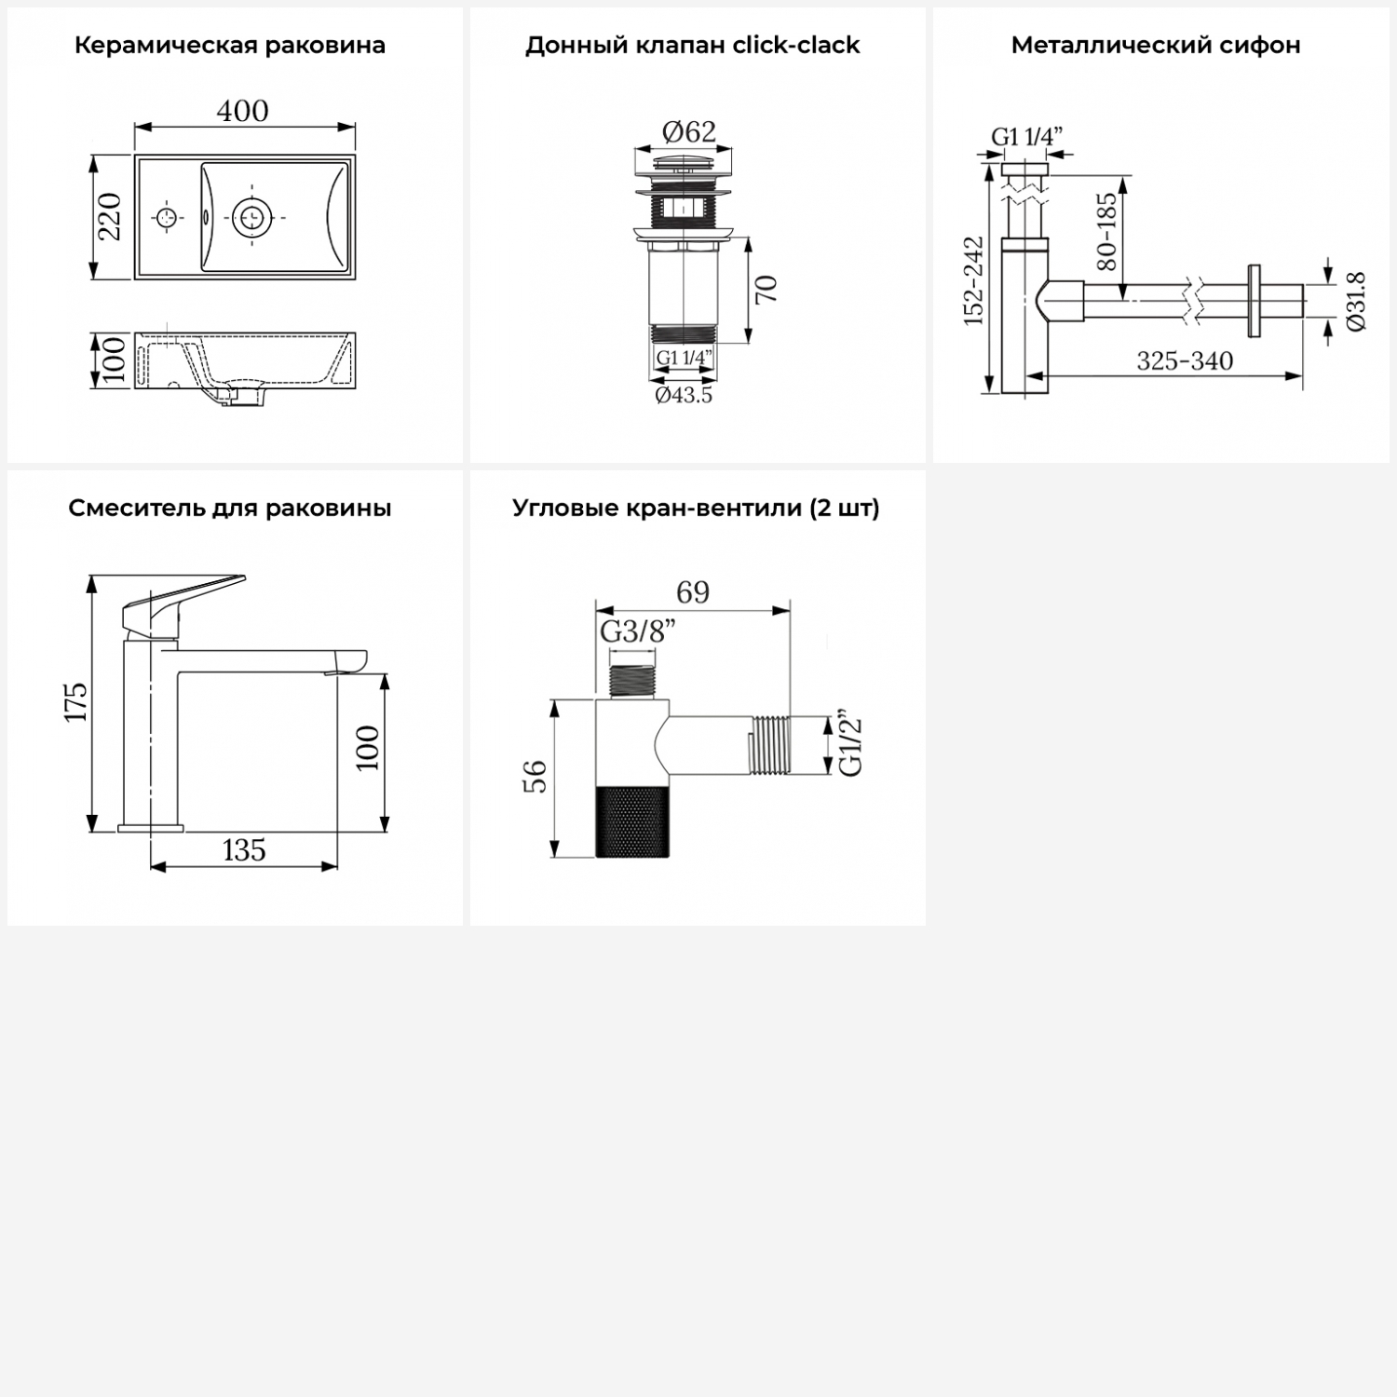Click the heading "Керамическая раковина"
point(230,46)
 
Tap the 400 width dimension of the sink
point(243,111)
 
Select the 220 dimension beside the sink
point(111,216)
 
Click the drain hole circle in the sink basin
point(251,217)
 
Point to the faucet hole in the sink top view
point(167,218)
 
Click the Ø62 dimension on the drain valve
point(689,132)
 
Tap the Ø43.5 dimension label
point(684,396)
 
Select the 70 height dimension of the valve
point(766,290)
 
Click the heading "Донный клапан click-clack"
point(692,46)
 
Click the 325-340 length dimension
point(1185,360)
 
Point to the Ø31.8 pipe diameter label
point(1356,301)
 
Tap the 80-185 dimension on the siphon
point(1106,232)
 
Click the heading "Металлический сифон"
point(1156,46)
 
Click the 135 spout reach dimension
point(244,850)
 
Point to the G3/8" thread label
point(638,631)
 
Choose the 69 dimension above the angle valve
point(693,592)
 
